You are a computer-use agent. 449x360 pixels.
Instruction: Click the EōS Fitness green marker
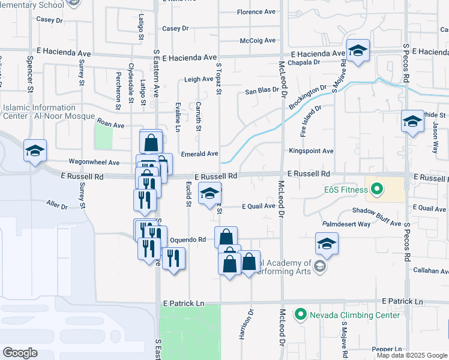pos(377,190)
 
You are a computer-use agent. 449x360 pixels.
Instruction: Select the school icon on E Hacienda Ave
pos(358,52)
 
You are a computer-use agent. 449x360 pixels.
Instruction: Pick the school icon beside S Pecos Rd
pos(412,122)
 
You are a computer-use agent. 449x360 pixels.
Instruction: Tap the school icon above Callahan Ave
pos(327,244)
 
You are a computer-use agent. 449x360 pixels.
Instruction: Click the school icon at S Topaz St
pos(209,194)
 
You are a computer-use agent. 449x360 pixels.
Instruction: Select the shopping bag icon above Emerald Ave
pos(151,142)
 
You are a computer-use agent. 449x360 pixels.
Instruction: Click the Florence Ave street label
pos(256,12)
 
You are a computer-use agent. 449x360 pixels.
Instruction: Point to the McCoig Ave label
pos(257,41)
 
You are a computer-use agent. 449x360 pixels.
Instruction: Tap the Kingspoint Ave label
pos(310,151)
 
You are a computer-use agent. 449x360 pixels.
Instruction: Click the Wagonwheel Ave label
pos(94,162)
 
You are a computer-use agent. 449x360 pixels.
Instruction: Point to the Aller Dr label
pos(57,206)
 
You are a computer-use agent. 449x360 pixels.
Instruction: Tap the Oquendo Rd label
pos(188,239)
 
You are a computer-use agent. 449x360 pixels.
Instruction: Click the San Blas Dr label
pos(262,91)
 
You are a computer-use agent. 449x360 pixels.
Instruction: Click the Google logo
pos(20,353)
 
